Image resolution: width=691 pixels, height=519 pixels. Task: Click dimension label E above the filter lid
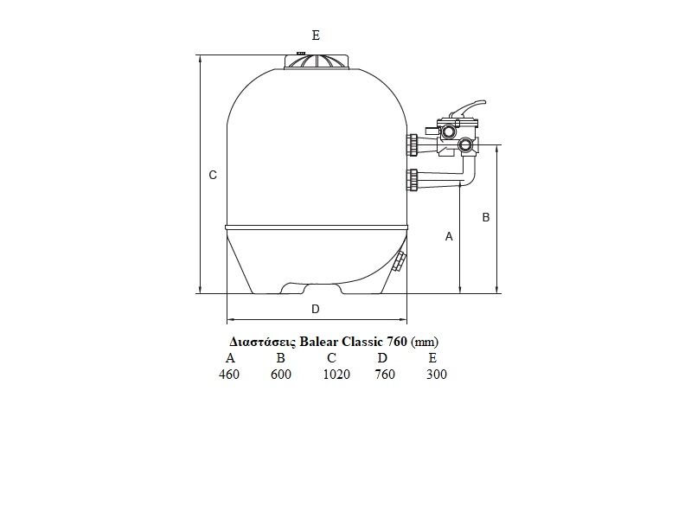coord(316,35)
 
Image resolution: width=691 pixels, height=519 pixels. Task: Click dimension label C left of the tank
coord(213,175)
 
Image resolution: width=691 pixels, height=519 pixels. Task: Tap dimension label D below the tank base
coord(315,309)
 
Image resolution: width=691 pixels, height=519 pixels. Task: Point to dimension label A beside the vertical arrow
coord(449,237)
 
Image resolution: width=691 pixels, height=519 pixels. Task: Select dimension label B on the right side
coord(486,217)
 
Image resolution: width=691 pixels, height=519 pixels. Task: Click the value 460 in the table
coord(229,375)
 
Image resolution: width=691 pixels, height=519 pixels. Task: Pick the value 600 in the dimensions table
coord(281,375)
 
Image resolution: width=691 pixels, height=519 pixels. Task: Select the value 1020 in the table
coord(336,375)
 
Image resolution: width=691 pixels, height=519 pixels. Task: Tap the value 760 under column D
coord(385,375)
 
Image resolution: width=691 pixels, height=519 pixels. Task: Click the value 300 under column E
coord(437,375)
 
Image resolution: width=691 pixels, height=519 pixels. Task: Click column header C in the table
coord(332,357)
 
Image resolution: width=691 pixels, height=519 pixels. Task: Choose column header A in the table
coord(229,357)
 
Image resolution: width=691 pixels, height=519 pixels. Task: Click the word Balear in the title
coord(319,342)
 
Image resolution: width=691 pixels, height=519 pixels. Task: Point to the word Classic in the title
coord(363,342)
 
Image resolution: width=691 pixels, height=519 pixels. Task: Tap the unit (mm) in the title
coord(425,342)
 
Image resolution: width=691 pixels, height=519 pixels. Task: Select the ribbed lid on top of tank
coord(317,61)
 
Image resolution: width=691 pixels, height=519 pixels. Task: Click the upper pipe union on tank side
coord(413,144)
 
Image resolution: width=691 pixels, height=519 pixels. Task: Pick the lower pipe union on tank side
coord(413,180)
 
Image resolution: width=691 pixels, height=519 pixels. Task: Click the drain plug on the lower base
coord(400,260)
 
